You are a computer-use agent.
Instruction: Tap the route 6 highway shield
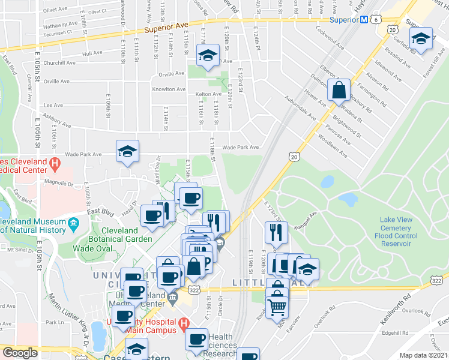click(x=376, y=20)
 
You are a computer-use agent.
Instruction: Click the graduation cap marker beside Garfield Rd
click(x=422, y=38)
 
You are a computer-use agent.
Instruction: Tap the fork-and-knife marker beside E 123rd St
click(x=276, y=232)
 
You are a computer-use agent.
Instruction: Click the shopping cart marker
click(x=277, y=307)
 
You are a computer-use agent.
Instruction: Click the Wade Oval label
click(x=91, y=248)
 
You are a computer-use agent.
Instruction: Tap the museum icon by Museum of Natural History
click(x=74, y=225)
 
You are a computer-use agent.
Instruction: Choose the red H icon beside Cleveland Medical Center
click(x=55, y=163)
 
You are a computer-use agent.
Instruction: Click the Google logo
click(x=20, y=353)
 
